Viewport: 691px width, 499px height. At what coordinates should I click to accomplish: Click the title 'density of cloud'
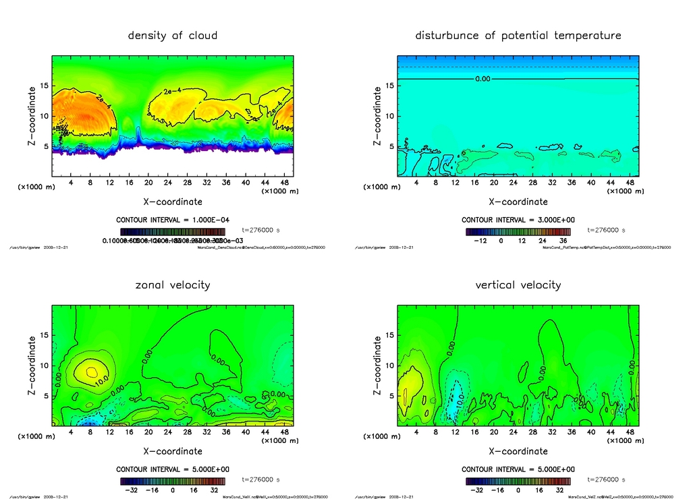coord(173,35)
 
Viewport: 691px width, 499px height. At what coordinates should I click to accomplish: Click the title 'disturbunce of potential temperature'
coord(518,35)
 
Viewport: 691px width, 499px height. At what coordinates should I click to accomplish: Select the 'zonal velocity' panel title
coord(173,285)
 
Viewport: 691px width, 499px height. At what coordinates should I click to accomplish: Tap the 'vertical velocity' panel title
coord(518,285)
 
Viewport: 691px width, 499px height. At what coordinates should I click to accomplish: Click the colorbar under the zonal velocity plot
coord(173,481)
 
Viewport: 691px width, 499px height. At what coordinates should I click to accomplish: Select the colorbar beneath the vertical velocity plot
coord(518,481)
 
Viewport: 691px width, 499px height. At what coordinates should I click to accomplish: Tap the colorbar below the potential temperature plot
coord(518,231)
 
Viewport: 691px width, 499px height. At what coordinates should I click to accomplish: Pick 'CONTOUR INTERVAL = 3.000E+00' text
coord(518,220)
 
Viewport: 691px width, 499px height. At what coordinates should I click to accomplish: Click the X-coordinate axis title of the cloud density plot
coord(173,201)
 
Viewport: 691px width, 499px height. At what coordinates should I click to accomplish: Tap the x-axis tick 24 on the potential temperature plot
coord(514,183)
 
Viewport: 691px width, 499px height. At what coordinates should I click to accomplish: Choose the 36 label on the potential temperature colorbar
coord(562,240)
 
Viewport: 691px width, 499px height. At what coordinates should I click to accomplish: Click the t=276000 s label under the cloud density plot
coord(260,231)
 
